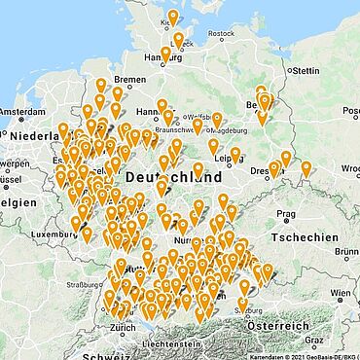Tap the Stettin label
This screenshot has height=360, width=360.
pyautogui.click(x=305, y=71)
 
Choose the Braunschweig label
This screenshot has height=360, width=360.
pyautogui.click(x=168, y=128)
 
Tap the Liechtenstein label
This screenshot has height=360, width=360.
pyautogui.click(x=170, y=343)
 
